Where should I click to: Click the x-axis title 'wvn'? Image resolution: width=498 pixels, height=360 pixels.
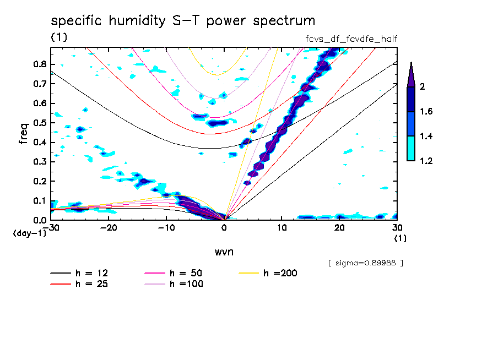(x=224, y=252)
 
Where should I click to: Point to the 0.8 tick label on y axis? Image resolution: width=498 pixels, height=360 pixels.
(x=39, y=64)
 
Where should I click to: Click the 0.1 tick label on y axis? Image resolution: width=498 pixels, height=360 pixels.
(x=39, y=201)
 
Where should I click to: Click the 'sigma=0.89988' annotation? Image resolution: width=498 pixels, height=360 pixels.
(x=365, y=263)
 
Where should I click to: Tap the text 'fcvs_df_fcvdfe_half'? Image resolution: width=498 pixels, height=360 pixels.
(x=351, y=39)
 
